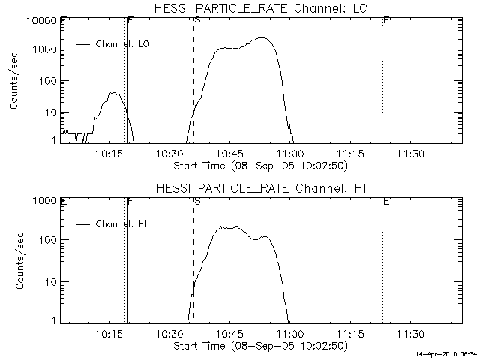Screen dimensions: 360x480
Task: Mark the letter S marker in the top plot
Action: coord(196,20)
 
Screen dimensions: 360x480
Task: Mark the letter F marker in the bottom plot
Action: coord(130,201)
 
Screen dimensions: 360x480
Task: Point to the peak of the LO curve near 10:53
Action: coord(261,38)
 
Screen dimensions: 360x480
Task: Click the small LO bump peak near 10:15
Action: coord(113,93)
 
